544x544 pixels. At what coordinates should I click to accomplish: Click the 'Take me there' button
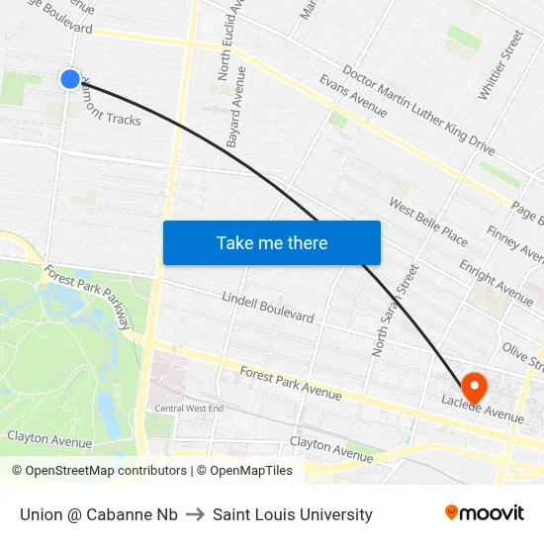click(271, 242)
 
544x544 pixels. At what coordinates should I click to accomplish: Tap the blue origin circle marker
click(69, 78)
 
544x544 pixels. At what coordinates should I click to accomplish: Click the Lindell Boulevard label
click(267, 308)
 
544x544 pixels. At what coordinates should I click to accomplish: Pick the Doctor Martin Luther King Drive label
click(417, 110)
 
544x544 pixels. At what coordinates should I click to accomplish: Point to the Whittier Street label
click(499, 64)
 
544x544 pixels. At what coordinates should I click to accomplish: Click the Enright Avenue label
click(496, 282)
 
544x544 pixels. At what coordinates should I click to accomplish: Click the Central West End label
click(189, 408)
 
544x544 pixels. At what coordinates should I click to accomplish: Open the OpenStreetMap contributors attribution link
click(99, 471)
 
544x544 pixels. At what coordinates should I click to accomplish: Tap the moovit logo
click(484, 513)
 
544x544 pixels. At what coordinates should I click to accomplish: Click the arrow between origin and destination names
click(195, 514)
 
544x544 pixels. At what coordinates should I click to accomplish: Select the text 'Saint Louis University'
click(293, 514)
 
